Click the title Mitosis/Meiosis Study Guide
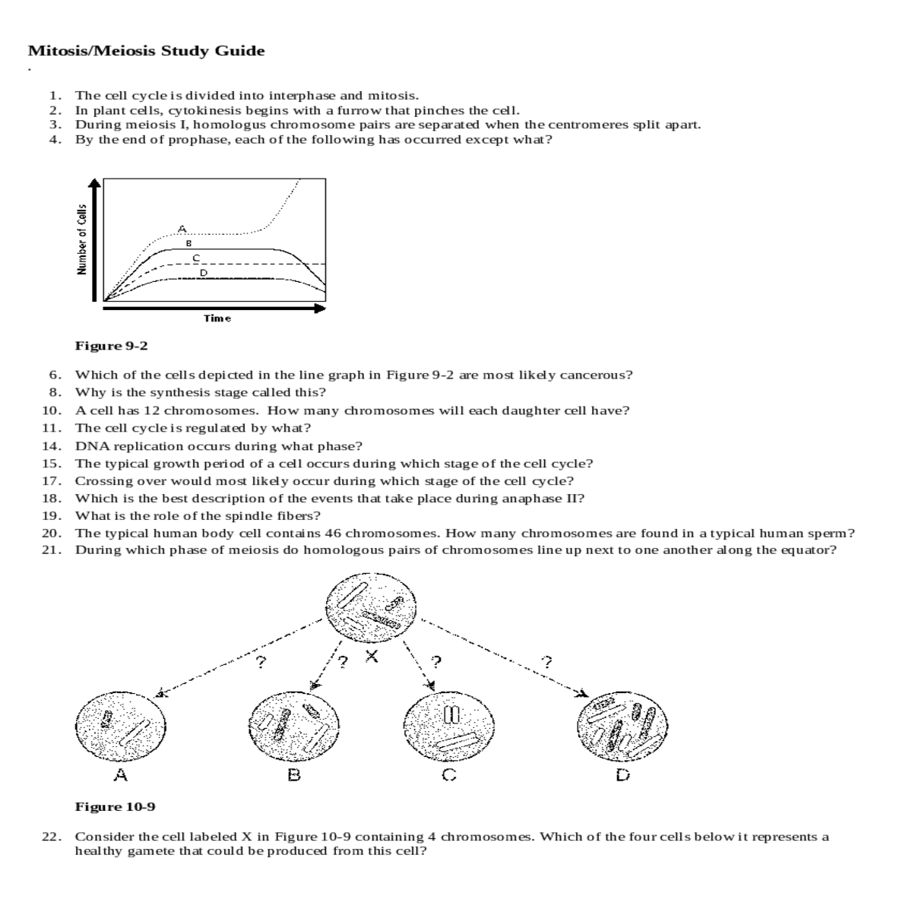[146, 52]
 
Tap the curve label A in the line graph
[181, 227]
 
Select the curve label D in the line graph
[203, 272]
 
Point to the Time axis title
[217, 318]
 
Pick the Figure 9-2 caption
[111, 347]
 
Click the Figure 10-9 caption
[115, 806]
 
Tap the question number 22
[51, 837]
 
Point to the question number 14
[51, 446]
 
